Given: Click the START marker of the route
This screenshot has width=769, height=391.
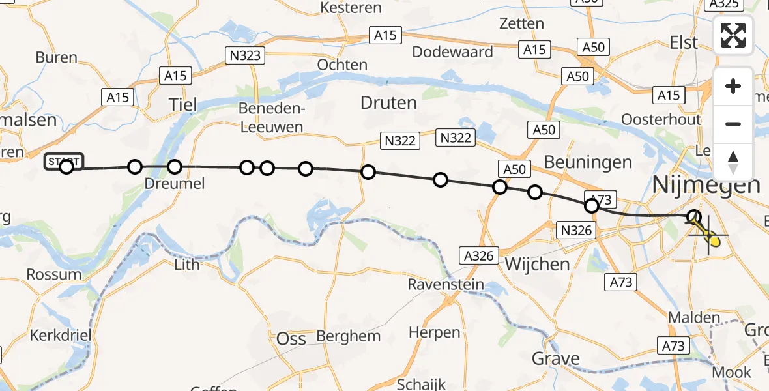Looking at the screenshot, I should click(x=64, y=162).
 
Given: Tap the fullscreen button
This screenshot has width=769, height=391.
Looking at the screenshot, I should click(x=733, y=35).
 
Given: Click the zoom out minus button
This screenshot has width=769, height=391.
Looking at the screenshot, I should click(x=733, y=124).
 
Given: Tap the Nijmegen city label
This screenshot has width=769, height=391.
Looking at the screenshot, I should click(x=706, y=185).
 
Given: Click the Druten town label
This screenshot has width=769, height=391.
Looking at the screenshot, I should click(x=388, y=103).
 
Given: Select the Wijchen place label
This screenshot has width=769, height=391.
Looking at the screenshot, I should click(x=538, y=264).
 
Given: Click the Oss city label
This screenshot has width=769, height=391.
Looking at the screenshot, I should click(x=291, y=339).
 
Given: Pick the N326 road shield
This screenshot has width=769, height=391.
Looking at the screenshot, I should click(x=576, y=229).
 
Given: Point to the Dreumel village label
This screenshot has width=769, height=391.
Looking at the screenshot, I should click(x=174, y=184).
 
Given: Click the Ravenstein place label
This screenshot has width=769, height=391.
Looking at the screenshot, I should click(x=446, y=284).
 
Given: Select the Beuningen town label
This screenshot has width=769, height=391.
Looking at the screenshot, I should click(x=587, y=162).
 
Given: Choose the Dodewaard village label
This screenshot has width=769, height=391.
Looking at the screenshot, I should click(x=452, y=52).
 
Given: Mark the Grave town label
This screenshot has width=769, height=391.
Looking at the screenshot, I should click(x=555, y=358).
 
